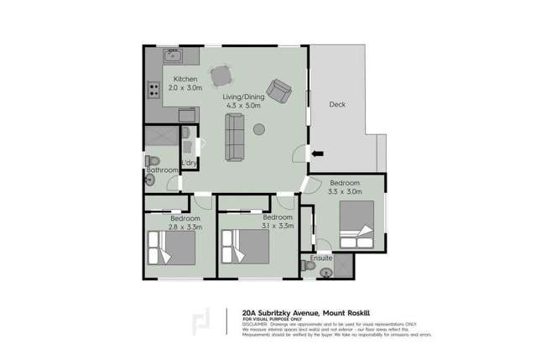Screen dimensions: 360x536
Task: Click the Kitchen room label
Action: point(185,79)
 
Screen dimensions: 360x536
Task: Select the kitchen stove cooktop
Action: point(154,86)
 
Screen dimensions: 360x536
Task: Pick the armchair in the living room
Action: point(278,88)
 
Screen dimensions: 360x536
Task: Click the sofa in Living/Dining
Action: point(234,138)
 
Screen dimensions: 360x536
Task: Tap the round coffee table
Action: point(259,129)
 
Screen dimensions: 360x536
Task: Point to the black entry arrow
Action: point(318,154)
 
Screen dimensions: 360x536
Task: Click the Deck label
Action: point(337,105)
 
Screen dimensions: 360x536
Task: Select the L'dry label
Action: point(190,162)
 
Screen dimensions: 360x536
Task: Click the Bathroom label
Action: point(162,170)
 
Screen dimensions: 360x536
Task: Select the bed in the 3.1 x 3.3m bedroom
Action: point(245,248)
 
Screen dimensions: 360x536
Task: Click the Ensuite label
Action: point(321,258)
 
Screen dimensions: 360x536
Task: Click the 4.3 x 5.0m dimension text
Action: point(242,106)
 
